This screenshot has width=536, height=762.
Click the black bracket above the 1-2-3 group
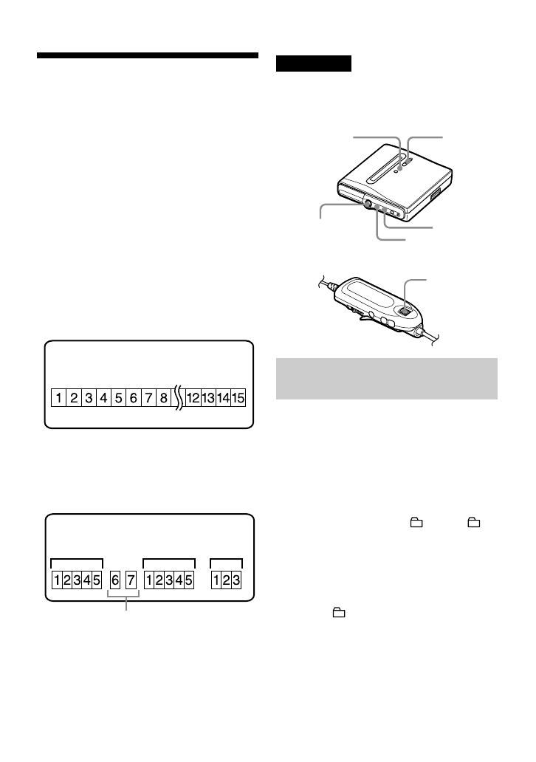(x=226, y=561)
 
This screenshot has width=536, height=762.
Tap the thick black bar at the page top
(x=148, y=55)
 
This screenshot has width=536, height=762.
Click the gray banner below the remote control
(x=387, y=379)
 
